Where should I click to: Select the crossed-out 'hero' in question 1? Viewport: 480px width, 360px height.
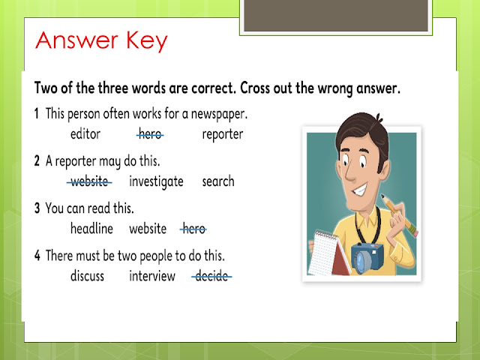[x=150, y=135]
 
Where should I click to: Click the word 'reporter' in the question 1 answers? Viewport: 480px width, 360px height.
[x=223, y=135]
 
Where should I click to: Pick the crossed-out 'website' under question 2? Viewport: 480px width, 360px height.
[x=90, y=181]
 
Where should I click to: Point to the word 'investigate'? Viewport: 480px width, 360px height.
[x=156, y=182]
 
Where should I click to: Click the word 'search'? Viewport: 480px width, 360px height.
[x=217, y=181]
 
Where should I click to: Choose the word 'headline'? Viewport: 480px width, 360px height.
[x=91, y=229]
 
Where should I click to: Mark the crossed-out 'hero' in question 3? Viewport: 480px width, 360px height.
[x=193, y=229]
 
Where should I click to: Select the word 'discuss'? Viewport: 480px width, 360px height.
[x=87, y=276]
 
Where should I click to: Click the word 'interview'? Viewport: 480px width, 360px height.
[x=152, y=276]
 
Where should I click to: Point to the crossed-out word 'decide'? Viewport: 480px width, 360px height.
[x=213, y=276]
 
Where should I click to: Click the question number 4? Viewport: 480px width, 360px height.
[x=37, y=256]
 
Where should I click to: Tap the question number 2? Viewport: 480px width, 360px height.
[x=37, y=161]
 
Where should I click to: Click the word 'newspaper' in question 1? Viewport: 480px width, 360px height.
[x=219, y=115]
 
